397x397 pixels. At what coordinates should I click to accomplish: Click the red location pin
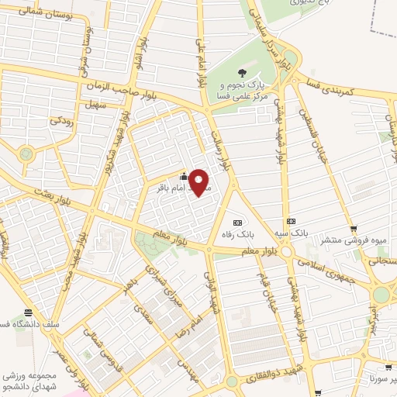click(199, 181)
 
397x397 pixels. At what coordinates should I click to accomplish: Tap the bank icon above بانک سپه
click(291, 221)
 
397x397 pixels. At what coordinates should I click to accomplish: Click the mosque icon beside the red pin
click(182, 174)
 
